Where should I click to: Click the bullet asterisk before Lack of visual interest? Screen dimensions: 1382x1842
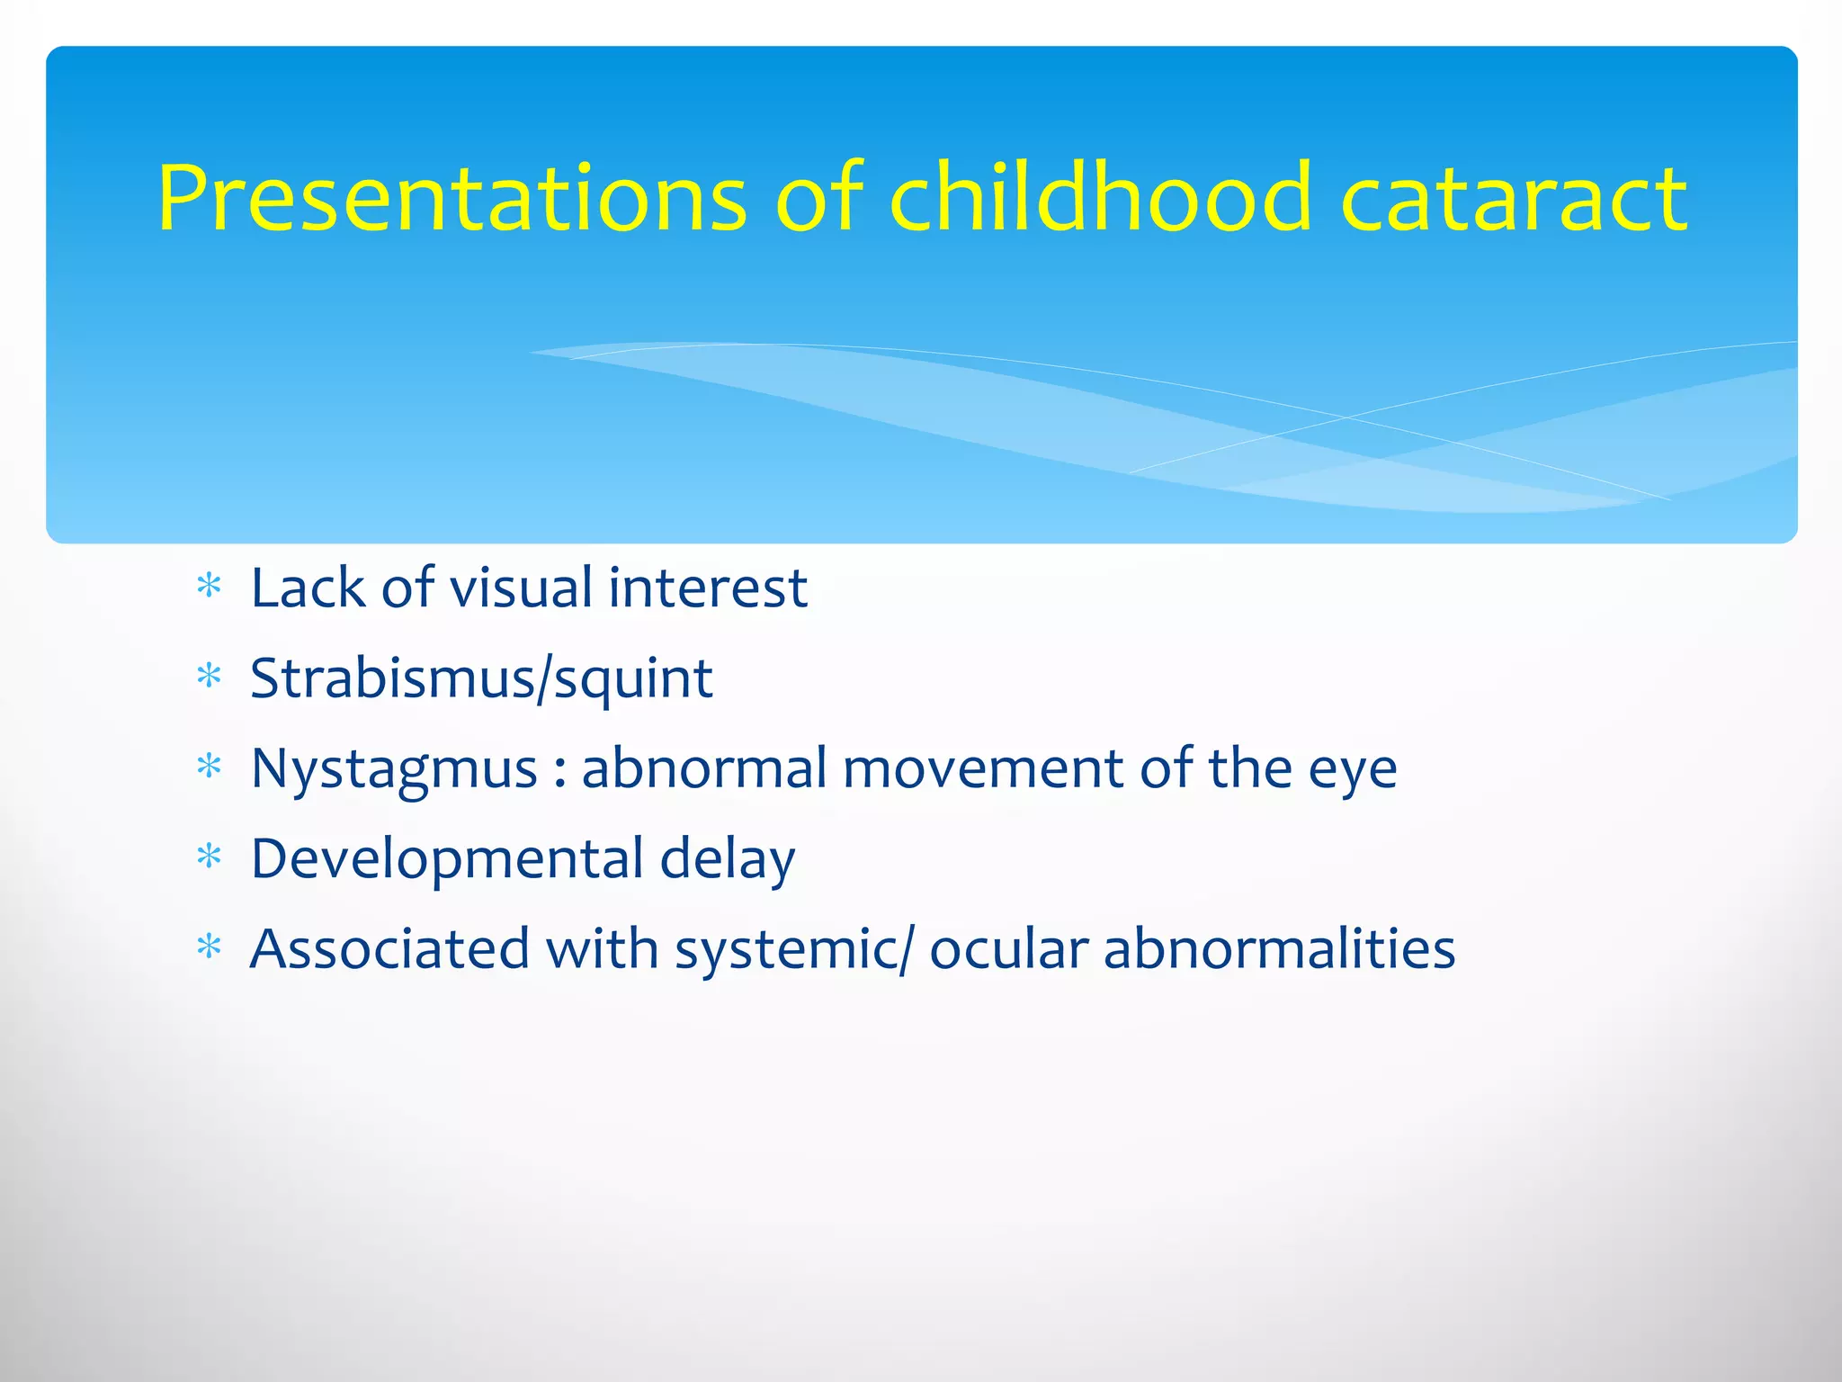[x=209, y=588]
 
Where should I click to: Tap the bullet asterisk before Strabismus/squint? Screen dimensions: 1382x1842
[x=209, y=677]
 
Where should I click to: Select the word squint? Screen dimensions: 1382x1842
[x=633, y=680]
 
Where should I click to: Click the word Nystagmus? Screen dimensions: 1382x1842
[x=394, y=770]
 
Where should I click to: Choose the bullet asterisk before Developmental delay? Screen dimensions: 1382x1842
[x=209, y=857]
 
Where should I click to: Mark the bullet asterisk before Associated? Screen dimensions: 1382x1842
[x=209, y=947]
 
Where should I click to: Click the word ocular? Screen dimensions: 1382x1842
[x=1008, y=948]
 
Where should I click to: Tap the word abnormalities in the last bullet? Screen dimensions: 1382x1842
[x=1279, y=948]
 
